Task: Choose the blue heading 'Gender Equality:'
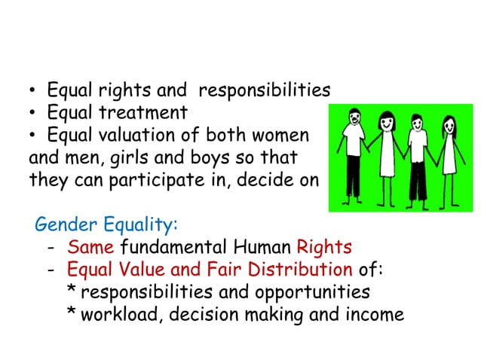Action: (x=107, y=225)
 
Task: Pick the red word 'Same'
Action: (x=91, y=247)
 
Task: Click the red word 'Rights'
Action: (x=324, y=247)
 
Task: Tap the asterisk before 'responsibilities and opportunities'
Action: (x=72, y=291)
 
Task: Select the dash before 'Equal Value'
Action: (x=50, y=269)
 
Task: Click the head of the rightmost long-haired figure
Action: (x=450, y=124)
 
